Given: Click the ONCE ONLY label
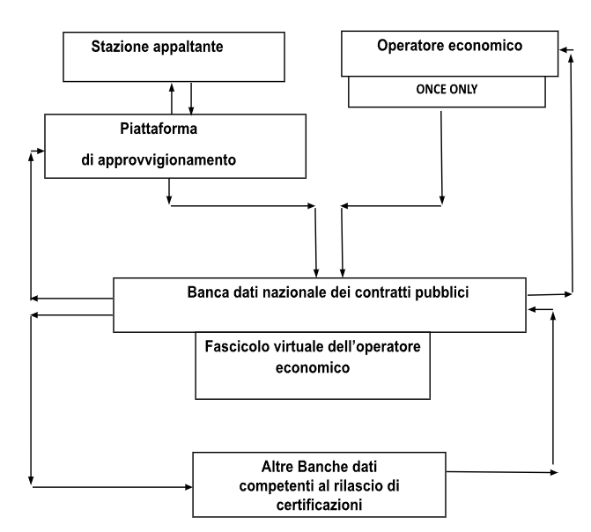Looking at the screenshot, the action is coord(447,89).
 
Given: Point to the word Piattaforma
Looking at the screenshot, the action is coord(159,129).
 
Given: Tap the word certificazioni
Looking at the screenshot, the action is coord(319,505).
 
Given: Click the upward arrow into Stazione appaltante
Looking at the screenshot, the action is coord(172,99).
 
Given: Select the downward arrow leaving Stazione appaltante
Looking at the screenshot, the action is coord(191,99).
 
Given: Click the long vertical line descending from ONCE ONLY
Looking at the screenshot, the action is coord(441,158).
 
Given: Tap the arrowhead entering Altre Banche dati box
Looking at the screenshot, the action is coord(188,487).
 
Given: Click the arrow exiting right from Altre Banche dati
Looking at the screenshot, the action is coord(502,472).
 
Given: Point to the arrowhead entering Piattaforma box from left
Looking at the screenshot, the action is coord(41,151).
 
